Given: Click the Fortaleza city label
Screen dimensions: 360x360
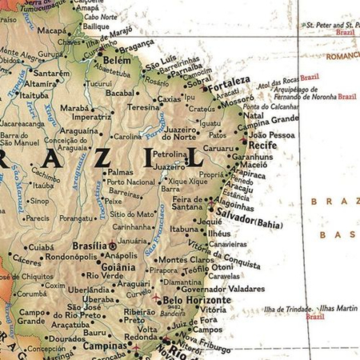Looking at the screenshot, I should (x=226, y=82).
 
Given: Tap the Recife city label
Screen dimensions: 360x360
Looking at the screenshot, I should (x=262, y=146).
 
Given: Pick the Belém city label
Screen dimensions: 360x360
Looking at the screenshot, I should (x=117, y=60).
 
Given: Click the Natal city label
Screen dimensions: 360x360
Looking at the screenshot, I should (x=253, y=116).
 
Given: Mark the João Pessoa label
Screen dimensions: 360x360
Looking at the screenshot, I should (x=272, y=135).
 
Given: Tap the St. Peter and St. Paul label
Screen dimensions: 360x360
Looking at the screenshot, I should (x=330, y=25).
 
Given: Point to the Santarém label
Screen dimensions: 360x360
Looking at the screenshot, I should (x=52, y=73).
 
